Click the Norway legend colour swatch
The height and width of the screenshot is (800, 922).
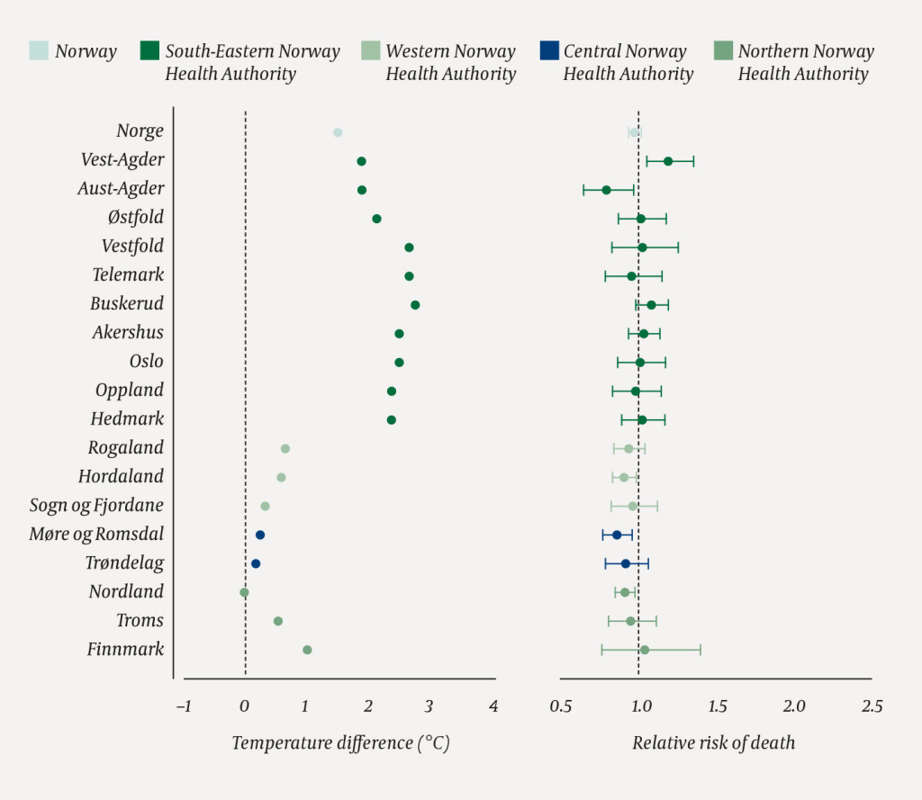[40, 50]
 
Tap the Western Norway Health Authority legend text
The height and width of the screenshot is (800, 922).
[450, 62]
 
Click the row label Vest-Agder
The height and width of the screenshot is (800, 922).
[122, 160]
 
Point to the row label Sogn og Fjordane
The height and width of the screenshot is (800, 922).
[97, 506]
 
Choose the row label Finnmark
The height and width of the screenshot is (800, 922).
[125, 650]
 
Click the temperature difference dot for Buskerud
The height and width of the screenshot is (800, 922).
[415, 305]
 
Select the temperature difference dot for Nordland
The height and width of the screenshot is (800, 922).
[244, 593]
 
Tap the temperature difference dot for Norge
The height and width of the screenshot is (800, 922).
[338, 132]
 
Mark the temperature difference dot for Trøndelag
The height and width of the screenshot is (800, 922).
[256, 563]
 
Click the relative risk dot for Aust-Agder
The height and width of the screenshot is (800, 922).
[607, 190]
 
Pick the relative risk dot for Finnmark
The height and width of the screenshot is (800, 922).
[645, 650]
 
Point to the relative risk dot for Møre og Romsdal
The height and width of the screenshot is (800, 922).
[617, 535]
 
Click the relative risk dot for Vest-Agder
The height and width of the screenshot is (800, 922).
[668, 161]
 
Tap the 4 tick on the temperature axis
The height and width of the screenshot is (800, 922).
[493, 706]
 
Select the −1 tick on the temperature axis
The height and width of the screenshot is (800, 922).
[184, 706]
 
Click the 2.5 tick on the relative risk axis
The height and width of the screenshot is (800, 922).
[872, 706]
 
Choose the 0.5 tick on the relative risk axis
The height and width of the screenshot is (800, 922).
[560, 706]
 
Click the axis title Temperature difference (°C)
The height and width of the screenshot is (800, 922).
[340, 743]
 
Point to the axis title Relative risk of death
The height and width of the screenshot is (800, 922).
[713, 743]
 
